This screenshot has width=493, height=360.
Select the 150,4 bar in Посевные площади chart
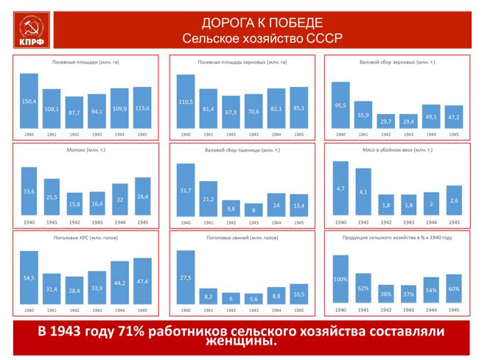click(x=29, y=101)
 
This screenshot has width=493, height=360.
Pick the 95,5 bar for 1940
click(x=340, y=105)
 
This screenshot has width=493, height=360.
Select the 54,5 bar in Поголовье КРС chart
click(x=29, y=278)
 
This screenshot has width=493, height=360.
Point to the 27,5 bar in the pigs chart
click(x=186, y=278)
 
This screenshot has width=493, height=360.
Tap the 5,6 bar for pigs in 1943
click(x=254, y=299)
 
